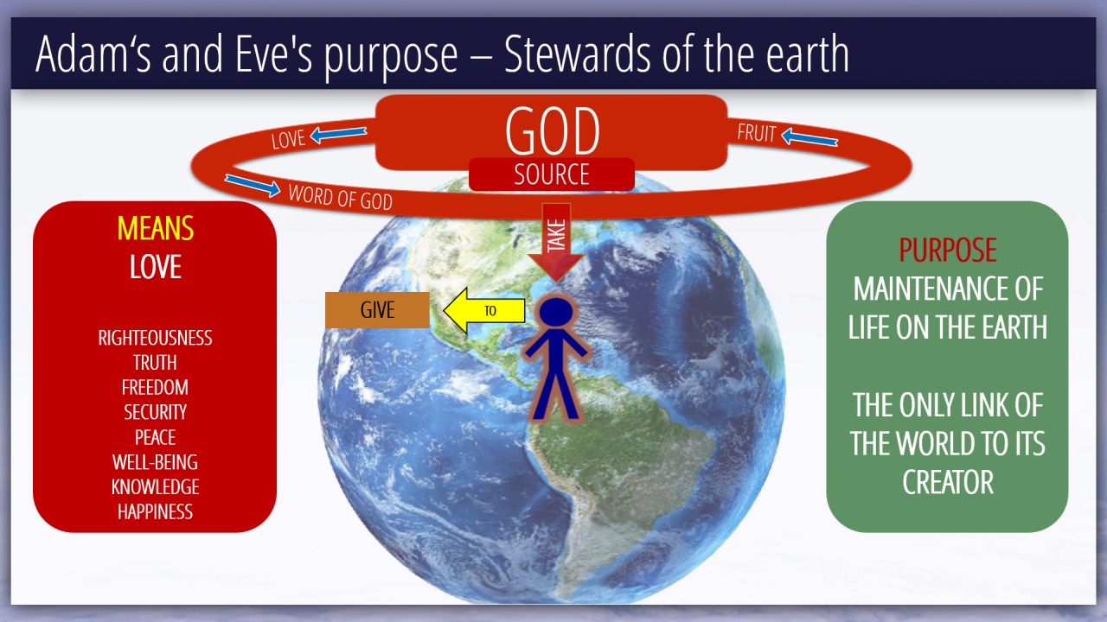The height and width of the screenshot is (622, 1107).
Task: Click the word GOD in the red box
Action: pyautogui.click(x=552, y=130)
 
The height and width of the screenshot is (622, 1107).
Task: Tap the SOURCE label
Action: pyautogui.click(x=552, y=175)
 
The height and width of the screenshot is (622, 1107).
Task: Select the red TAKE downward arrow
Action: pyautogui.click(x=556, y=243)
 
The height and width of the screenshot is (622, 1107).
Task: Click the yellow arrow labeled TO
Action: pyautogui.click(x=484, y=310)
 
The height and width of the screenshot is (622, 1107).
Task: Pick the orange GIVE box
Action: pyautogui.click(x=377, y=310)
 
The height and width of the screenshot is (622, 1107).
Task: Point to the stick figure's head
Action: pyautogui.click(x=556, y=313)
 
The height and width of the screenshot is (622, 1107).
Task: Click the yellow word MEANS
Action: pyautogui.click(x=155, y=229)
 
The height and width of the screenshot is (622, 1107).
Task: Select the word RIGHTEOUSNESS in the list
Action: pyautogui.click(x=155, y=338)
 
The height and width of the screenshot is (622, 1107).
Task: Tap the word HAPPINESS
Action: pyautogui.click(x=155, y=512)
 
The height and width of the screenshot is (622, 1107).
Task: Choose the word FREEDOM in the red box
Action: pyautogui.click(x=155, y=388)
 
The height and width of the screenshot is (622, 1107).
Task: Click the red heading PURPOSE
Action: pyautogui.click(x=947, y=250)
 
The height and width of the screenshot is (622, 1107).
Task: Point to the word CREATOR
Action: pyautogui.click(x=947, y=482)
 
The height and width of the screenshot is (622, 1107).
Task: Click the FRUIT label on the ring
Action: pyautogui.click(x=756, y=133)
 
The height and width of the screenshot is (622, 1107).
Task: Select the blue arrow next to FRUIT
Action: pyautogui.click(x=810, y=137)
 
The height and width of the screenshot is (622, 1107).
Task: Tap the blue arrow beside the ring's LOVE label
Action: pyautogui.click(x=338, y=134)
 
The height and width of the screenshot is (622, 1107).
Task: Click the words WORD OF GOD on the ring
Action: pyautogui.click(x=341, y=198)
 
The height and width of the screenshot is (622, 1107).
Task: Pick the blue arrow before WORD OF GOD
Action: pyautogui.click(x=253, y=185)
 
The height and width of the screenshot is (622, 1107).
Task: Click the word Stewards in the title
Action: pyautogui.click(x=577, y=54)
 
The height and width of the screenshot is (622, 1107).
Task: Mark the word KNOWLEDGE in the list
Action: pyautogui.click(x=155, y=487)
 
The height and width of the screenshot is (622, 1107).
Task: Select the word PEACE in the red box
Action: pyautogui.click(x=155, y=437)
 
